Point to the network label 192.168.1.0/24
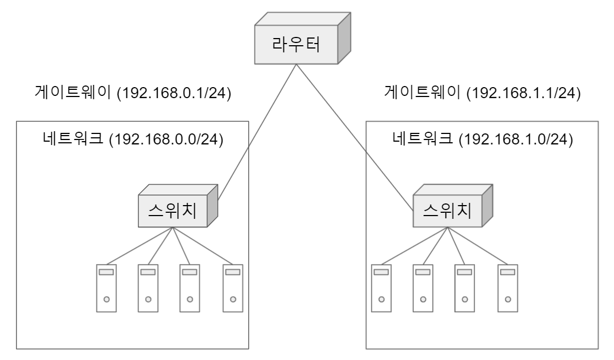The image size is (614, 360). [483, 140]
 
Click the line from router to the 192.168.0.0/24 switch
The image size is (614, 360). [257, 131]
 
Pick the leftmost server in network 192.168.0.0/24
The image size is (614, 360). [106, 288]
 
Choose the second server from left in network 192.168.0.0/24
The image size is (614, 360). [148, 288]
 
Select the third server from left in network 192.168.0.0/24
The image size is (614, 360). [190, 288]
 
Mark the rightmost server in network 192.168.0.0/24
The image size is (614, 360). [232, 288]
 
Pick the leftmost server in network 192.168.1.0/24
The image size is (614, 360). [381, 288]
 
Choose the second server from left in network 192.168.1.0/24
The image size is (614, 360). [423, 288]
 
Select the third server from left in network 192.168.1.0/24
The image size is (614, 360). [464, 288]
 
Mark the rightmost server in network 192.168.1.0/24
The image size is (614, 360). [507, 288]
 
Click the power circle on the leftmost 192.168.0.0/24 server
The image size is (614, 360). [106, 299]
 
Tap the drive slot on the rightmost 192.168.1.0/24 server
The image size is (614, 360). [507, 272]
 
